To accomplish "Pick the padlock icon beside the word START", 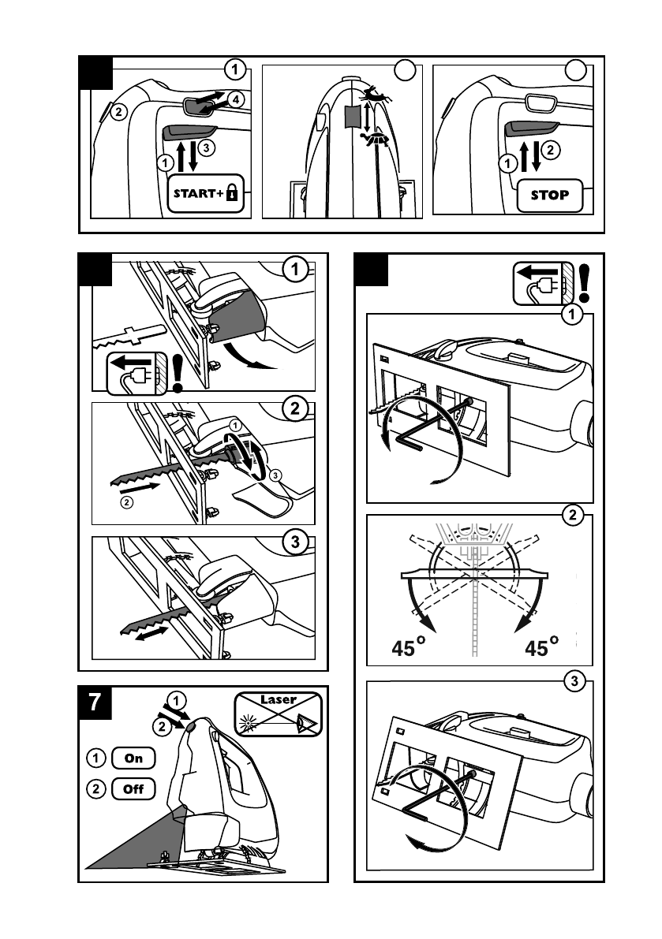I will click(x=231, y=192).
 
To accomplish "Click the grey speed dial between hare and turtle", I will click(x=352, y=116).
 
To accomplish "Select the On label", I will click(x=134, y=758).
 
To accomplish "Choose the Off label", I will click(x=134, y=788).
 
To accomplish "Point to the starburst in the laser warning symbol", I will click(x=249, y=721).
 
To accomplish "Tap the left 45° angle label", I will click(x=409, y=648).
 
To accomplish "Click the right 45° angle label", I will click(x=542, y=648).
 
